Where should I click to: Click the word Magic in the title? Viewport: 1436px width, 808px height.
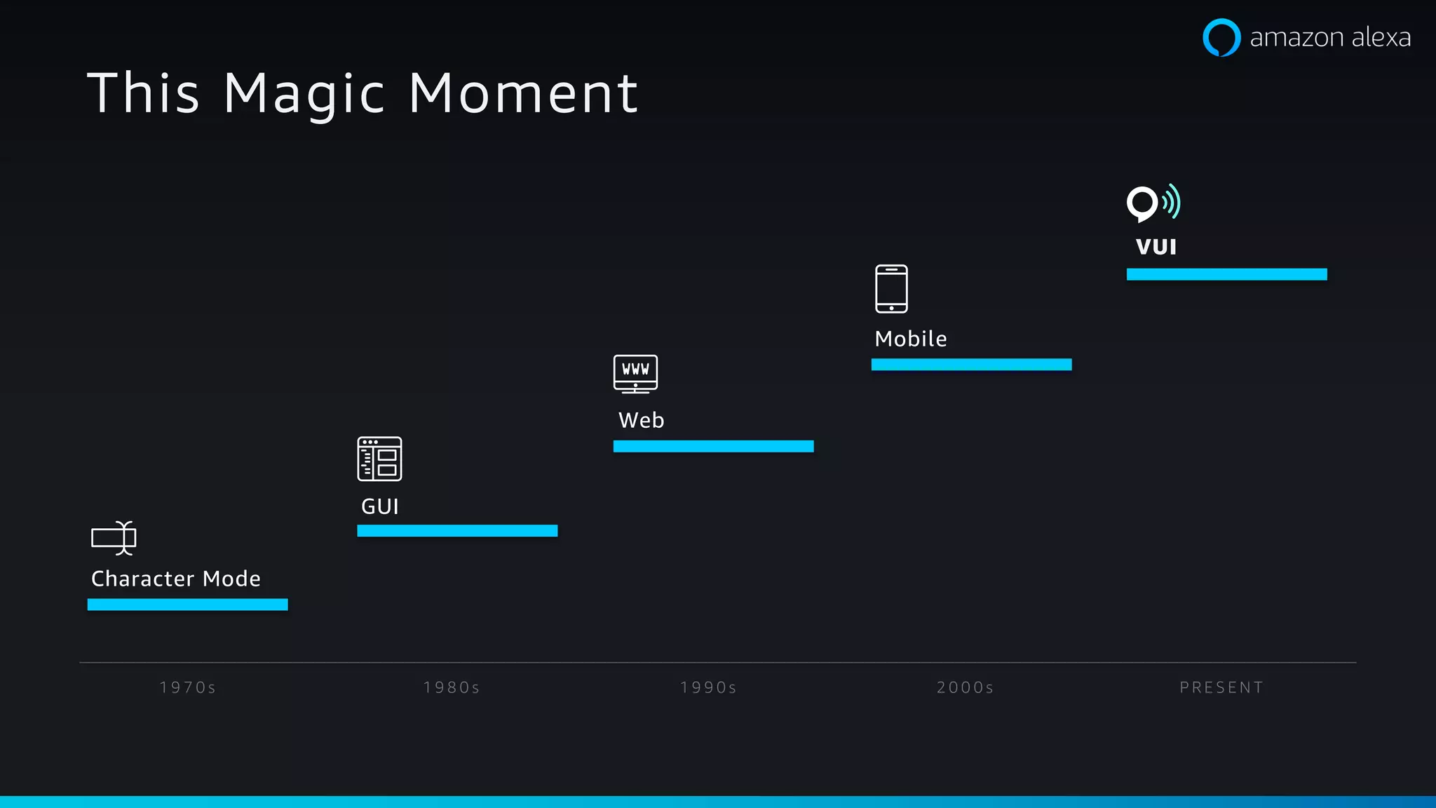pyautogui.click(x=304, y=94)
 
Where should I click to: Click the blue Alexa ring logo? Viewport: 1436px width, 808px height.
pyautogui.click(x=1221, y=37)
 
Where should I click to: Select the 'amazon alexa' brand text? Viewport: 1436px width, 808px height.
pyautogui.click(x=1330, y=37)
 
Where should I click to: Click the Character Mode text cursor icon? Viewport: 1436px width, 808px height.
pyautogui.click(x=114, y=538)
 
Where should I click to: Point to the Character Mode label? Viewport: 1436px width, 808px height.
pyautogui.click(x=176, y=579)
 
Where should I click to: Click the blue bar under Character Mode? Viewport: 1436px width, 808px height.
pyautogui.click(x=187, y=605)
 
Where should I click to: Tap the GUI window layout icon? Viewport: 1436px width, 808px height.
pyautogui.click(x=379, y=459)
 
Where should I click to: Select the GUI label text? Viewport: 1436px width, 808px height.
pyautogui.click(x=380, y=506)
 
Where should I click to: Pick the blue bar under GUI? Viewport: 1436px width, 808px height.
pyautogui.click(x=457, y=531)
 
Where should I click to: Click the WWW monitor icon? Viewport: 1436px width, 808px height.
pyautogui.click(x=635, y=373)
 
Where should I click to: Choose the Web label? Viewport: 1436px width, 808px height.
pyautogui.click(x=641, y=420)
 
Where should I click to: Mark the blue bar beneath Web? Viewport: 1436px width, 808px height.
pyautogui.click(x=713, y=446)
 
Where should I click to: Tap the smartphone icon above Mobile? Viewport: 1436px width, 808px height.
pyautogui.click(x=891, y=288)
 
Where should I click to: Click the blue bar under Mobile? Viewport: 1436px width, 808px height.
pyautogui.click(x=971, y=365)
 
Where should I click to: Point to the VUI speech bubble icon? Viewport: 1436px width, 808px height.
pyautogui.click(x=1153, y=203)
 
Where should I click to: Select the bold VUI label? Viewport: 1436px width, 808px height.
pyautogui.click(x=1156, y=247)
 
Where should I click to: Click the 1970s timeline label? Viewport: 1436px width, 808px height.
pyautogui.click(x=188, y=687)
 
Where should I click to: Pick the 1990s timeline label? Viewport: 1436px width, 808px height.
pyautogui.click(x=708, y=687)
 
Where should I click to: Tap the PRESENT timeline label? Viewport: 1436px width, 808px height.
pyautogui.click(x=1221, y=687)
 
